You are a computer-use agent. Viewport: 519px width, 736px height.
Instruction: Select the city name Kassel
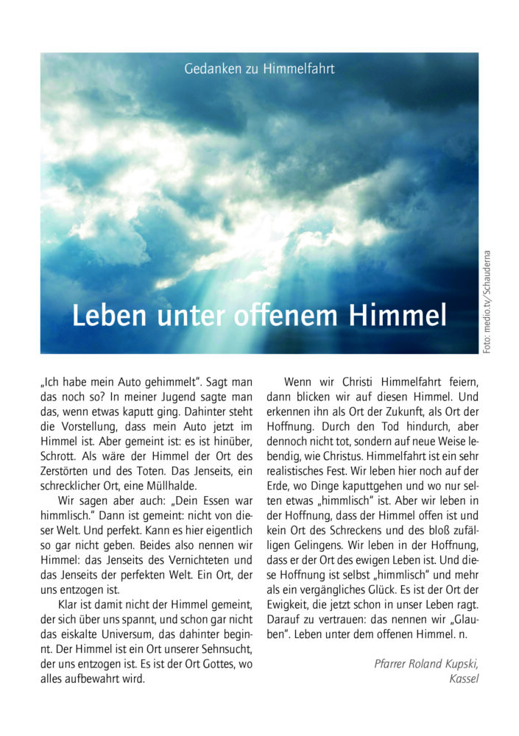coord(464,679)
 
